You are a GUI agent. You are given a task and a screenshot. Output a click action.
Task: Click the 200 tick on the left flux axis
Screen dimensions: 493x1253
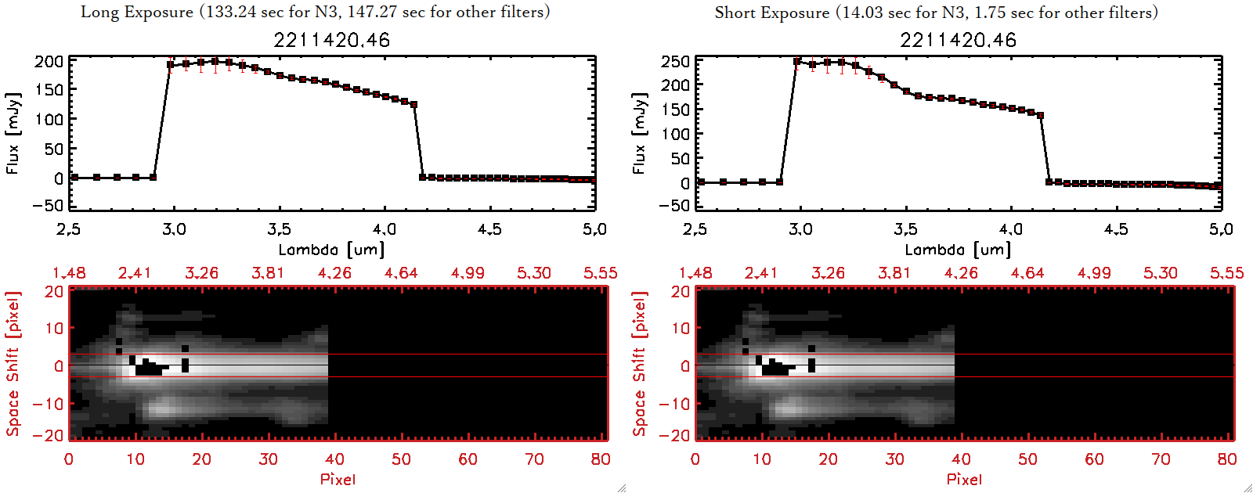pos(49,62)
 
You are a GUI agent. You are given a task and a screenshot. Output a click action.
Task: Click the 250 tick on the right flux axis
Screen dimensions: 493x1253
pos(675,62)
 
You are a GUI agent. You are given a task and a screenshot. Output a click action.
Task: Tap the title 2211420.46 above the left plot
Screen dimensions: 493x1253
pos(331,40)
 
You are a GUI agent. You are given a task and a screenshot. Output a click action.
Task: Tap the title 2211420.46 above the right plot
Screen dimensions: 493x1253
pos(958,40)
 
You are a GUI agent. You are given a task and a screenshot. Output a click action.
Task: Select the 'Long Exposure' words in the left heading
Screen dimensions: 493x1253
pos(137,12)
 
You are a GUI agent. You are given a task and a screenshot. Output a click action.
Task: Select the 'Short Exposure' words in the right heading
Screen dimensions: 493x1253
pos(771,13)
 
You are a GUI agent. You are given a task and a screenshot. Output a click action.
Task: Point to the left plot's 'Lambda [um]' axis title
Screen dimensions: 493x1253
pos(331,250)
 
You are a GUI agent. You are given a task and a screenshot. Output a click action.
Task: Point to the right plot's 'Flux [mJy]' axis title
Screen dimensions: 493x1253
pos(639,133)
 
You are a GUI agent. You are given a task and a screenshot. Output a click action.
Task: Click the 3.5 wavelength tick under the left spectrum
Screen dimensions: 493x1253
pos(279,229)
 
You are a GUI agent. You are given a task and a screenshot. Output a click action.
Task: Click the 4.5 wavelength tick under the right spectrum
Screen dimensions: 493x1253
pos(1116,229)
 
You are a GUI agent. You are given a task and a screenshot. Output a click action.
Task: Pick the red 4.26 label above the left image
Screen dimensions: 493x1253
pos(334,273)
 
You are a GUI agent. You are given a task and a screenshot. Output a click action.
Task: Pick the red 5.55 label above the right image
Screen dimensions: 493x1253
pos(1226,273)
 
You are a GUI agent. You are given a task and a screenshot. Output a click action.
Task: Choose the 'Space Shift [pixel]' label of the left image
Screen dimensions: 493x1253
pos(13,364)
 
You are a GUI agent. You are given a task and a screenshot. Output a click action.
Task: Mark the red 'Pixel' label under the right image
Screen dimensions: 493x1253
pos(964,479)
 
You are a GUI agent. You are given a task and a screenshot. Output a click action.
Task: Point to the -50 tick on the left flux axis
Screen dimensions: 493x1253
pos(49,205)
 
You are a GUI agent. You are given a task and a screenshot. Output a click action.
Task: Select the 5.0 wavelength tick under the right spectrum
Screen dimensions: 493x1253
pos(1221,229)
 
